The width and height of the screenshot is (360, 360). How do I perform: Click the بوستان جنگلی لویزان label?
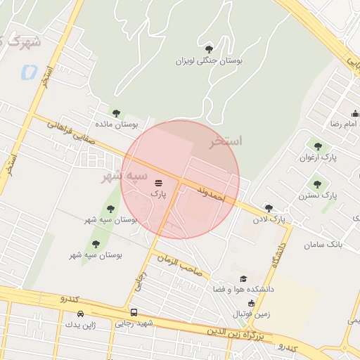point(209,62)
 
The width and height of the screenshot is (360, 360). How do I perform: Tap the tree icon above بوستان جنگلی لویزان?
point(209,49)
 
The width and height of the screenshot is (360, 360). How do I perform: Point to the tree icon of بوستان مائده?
point(116,112)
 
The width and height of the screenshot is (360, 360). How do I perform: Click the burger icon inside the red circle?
point(157,181)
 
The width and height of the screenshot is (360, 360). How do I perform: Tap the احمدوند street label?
point(210,195)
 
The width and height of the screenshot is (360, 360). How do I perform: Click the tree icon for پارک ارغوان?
point(318,146)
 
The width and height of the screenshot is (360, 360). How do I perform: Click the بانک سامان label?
point(323,245)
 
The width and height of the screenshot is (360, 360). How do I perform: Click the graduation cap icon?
point(244,279)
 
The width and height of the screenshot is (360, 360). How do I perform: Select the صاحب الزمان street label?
point(179,264)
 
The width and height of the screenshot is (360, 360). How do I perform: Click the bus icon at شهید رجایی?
point(134,312)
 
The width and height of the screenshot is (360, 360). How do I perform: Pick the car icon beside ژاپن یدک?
point(80,314)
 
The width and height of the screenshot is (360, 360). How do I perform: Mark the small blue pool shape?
point(30,72)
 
